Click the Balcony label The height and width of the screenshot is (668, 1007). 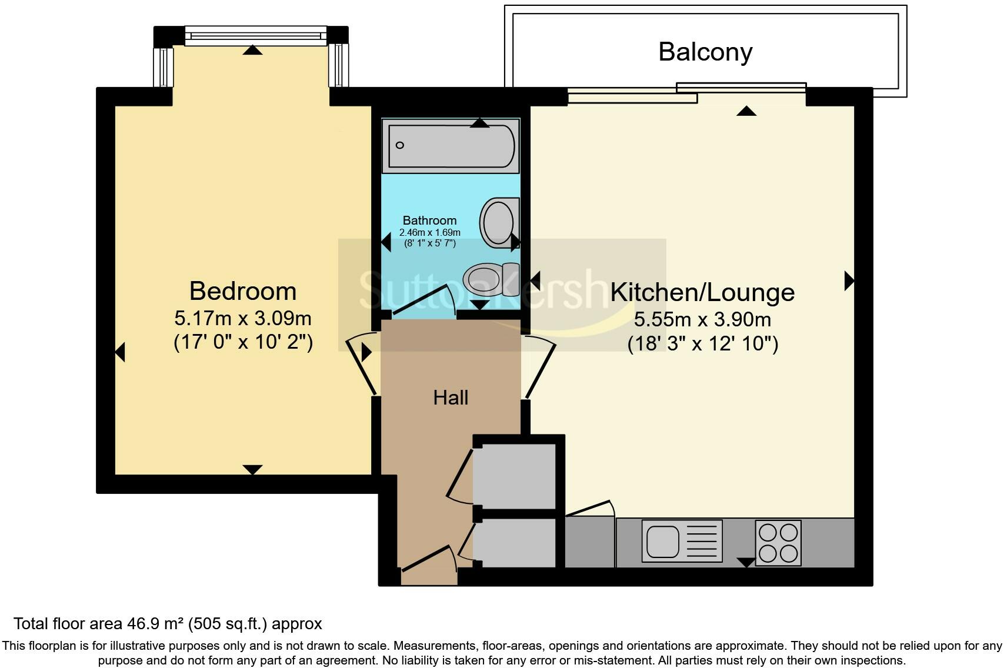[x=705, y=52]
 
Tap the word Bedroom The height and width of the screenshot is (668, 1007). [x=243, y=291]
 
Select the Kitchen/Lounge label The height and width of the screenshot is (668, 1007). [x=702, y=293]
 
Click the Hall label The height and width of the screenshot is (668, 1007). [x=451, y=398]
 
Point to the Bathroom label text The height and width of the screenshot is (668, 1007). [x=429, y=221]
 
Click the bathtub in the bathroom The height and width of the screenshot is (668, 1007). [x=451, y=146]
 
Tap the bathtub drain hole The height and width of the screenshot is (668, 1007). [x=399, y=145]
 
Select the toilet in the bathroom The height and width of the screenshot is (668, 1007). [x=491, y=279]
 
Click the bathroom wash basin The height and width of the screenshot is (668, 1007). [x=499, y=223]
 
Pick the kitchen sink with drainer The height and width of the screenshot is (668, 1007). [x=682, y=541]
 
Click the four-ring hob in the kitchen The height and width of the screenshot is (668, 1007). [x=778, y=543]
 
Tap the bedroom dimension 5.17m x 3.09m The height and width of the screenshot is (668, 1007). [x=243, y=319]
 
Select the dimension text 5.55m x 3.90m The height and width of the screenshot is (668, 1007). [x=702, y=320]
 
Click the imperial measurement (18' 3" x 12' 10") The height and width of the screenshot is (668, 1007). [x=703, y=344]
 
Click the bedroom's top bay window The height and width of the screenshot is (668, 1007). [x=255, y=36]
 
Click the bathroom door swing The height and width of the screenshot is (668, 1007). [x=424, y=300]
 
